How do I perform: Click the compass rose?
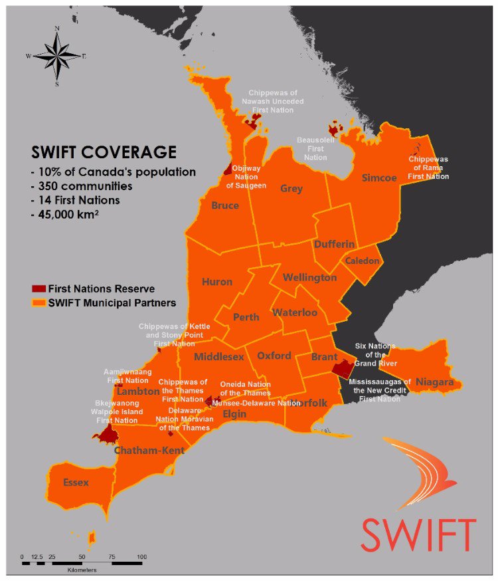pos(57,56)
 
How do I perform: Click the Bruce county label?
pos(225,206)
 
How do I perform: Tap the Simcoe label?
pos(379,178)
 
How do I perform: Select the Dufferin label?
pos(335,244)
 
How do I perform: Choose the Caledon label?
pos(362,261)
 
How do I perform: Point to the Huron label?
pos(217,282)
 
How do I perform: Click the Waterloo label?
pos(295,312)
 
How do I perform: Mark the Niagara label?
pos(434,382)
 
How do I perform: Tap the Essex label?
pos(75,483)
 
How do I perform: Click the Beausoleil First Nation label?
pos(315,150)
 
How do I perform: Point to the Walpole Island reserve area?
pos(106,435)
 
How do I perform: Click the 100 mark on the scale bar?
pos(141,556)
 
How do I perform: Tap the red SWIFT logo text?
pos(418,534)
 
